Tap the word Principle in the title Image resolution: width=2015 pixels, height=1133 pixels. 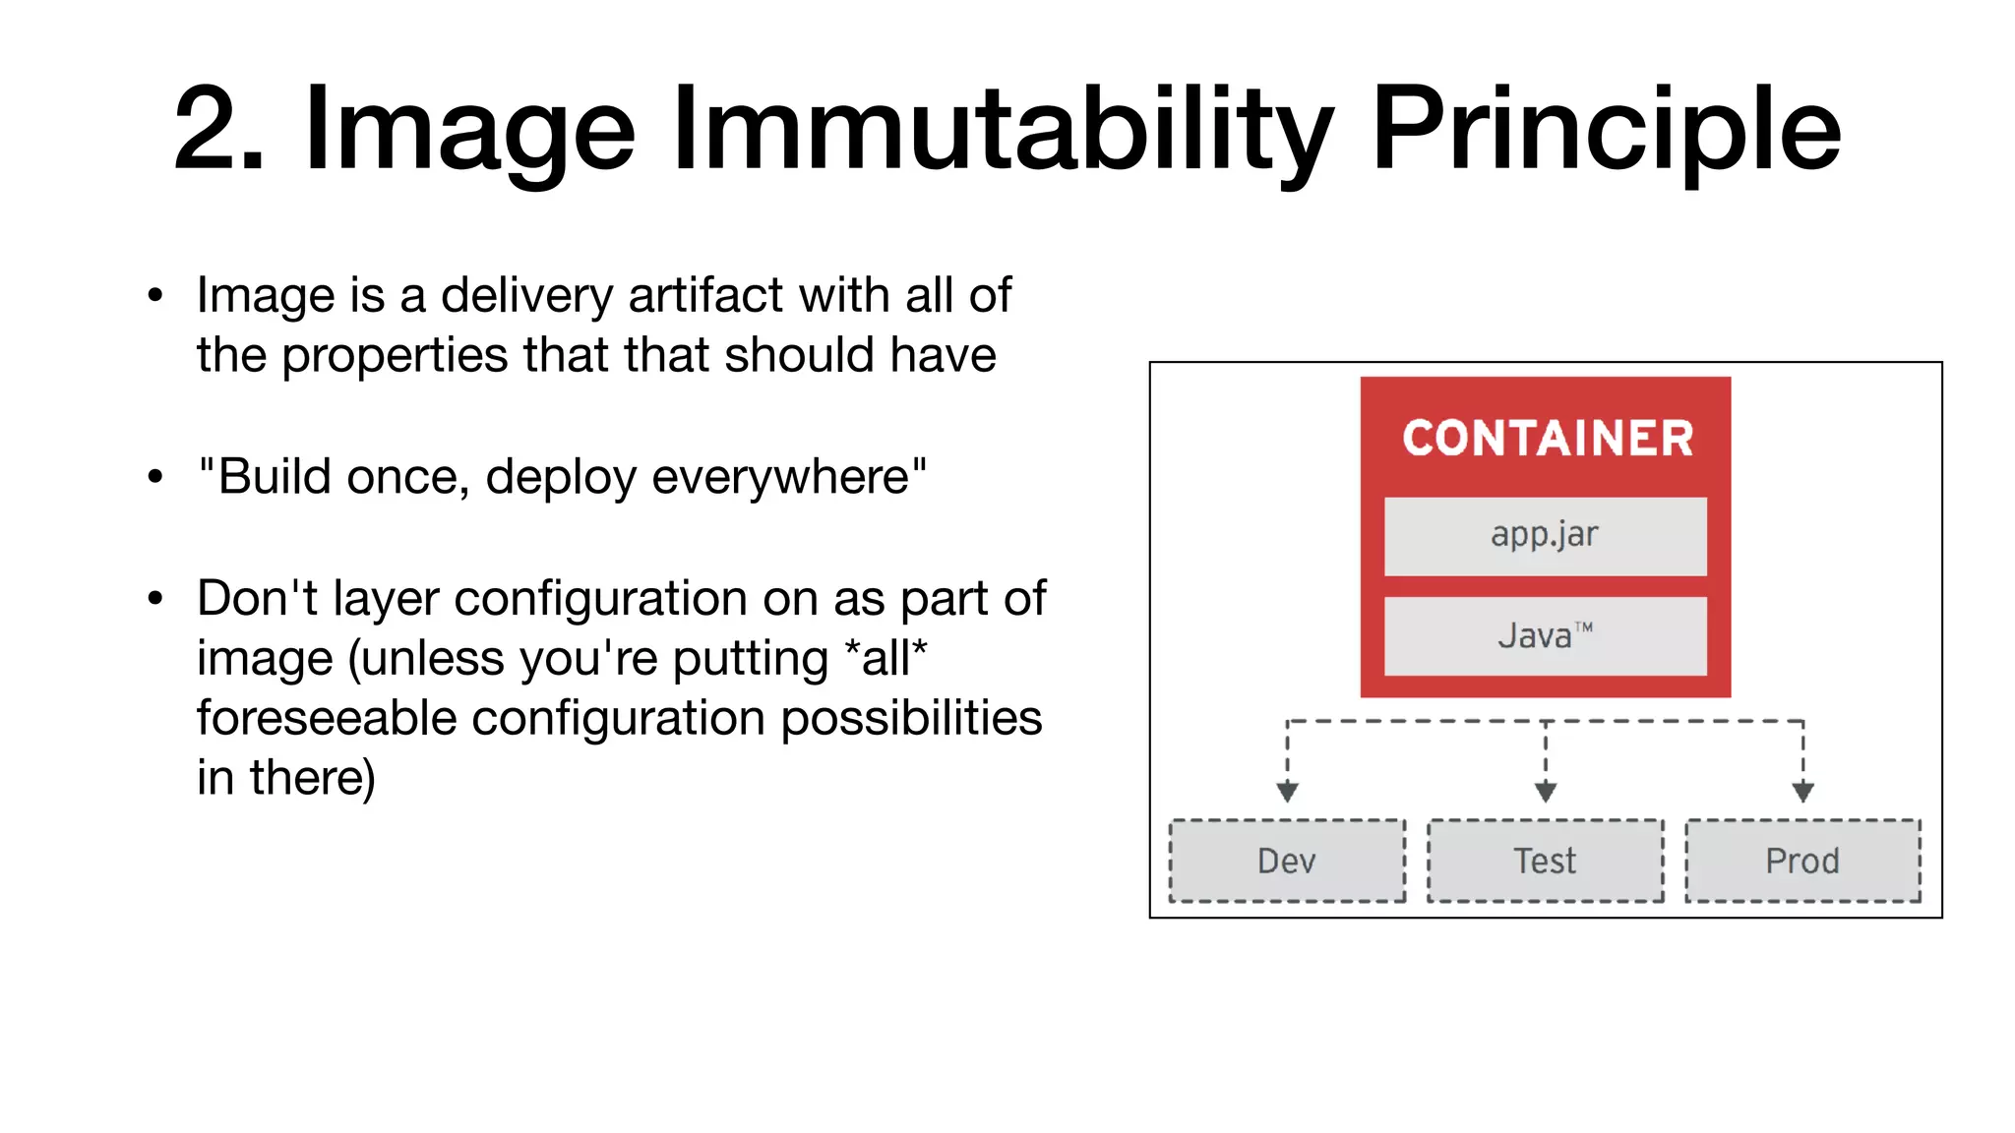(1606, 130)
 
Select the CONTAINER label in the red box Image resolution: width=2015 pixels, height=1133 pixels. (1547, 439)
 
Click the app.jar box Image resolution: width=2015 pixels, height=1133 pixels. (1545, 536)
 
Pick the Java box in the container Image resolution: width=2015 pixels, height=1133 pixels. (1545, 635)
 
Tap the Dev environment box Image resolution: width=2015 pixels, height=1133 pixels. (1287, 861)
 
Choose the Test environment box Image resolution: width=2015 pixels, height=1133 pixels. (1545, 861)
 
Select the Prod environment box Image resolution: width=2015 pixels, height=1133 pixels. (1802, 861)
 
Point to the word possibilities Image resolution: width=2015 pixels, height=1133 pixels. (911, 718)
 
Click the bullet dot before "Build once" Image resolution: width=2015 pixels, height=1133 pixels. (154, 477)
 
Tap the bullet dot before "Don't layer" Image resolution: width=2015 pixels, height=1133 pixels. (154, 598)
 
